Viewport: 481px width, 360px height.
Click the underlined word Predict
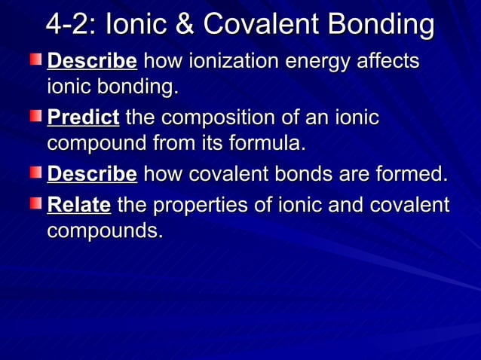(83, 118)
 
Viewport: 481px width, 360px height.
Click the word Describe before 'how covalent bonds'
(92, 175)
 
